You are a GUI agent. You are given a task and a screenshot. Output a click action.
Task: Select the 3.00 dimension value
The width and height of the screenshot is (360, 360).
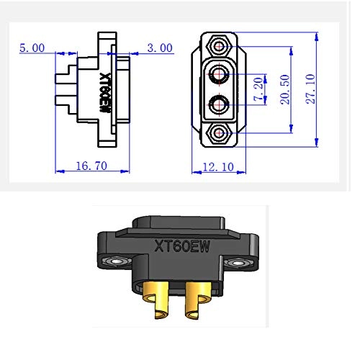pos(159,48)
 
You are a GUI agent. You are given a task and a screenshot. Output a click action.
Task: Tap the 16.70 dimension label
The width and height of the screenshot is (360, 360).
pos(91,166)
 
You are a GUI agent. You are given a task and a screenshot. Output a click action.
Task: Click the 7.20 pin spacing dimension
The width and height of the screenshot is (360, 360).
pos(257,89)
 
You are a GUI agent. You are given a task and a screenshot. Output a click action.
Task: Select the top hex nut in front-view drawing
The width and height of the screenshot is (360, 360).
pos(217,47)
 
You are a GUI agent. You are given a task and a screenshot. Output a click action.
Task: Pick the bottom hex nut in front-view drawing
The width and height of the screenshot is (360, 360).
pos(217,133)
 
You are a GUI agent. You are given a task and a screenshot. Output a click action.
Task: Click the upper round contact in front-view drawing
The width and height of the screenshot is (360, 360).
pos(218,73)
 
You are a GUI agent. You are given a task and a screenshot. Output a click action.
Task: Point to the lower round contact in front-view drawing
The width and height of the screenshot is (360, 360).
pos(218,104)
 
